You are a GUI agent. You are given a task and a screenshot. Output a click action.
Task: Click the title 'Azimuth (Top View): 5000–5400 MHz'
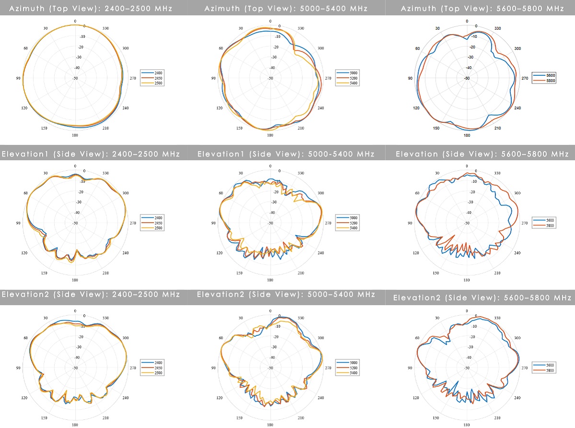pos(286,8)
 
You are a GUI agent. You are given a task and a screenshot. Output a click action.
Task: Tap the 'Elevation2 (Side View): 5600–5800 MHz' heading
pos(482,298)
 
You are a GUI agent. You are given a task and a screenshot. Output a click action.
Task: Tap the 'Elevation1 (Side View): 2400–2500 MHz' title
pos(91,154)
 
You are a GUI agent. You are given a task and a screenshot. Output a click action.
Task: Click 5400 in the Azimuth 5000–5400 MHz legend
pos(354,83)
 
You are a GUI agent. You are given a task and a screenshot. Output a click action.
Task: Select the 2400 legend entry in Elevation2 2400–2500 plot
pos(158,362)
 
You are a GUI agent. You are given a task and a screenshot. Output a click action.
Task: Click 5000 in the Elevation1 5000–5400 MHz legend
pos(354,218)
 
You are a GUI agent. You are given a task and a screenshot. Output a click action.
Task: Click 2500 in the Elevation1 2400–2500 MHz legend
pos(158,228)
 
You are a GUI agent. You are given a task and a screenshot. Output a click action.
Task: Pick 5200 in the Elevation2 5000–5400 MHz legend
pos(354,368)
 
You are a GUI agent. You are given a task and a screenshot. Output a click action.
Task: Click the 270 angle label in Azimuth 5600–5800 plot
pos(524,78)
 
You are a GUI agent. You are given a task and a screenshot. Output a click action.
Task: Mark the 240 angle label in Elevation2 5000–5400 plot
pos(321,398)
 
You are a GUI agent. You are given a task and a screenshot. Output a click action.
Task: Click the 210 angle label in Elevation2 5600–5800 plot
pos(497,418)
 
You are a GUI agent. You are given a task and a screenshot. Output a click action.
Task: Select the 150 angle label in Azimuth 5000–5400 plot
pos(240,128)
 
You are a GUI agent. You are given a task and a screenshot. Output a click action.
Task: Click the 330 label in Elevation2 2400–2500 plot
pos(106,318)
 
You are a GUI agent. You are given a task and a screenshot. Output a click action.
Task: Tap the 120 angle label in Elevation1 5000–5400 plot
pos(220,253)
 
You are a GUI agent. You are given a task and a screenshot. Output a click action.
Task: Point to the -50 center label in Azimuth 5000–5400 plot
pos(271,78)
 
